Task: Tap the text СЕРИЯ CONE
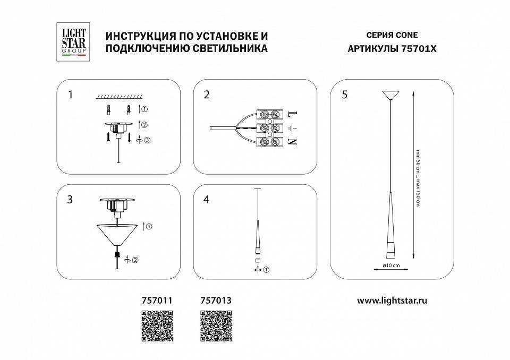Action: coord(392,36)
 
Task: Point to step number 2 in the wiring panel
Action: coord(207,95)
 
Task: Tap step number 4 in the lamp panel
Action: coord(207,200)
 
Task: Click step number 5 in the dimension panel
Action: coord(344,95)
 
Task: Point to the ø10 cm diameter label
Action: coord(390,265)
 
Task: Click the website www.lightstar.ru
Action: coord(392,300)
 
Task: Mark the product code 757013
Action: coord(216,300)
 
